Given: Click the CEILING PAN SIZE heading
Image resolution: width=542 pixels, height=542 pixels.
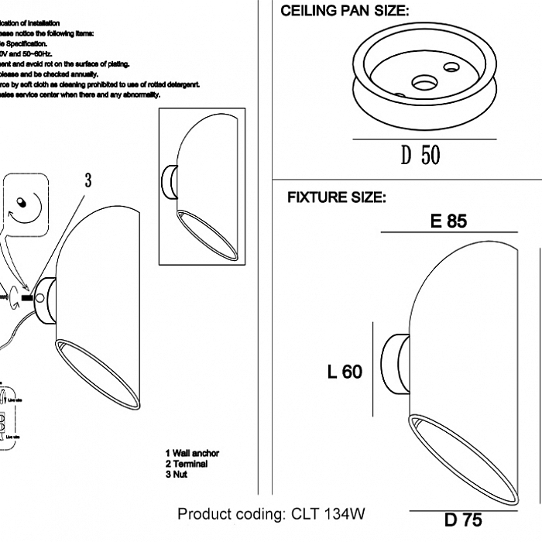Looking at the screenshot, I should point(345,11).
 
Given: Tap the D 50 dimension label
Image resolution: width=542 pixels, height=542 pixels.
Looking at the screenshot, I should point(420,155).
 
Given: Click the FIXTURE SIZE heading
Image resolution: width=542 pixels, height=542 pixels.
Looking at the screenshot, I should point(336,197).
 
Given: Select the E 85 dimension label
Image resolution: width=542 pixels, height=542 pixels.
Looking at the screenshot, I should point(448,221).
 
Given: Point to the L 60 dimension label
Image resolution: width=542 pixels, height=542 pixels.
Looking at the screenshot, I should point(345,372).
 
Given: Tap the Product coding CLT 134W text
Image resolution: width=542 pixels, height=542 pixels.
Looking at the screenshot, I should point(271,514).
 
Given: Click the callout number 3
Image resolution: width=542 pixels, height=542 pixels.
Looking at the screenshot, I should point(88,180).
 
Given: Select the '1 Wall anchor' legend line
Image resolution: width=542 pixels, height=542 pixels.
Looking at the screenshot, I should point(192,454).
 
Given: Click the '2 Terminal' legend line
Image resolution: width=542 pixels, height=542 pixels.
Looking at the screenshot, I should point(187,464).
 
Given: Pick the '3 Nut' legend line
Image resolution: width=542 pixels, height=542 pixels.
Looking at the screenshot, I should point(177,474).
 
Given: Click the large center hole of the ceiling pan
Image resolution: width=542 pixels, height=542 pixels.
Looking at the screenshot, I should point(424,81).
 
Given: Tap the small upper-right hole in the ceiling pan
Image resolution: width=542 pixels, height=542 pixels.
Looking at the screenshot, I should point(451,67).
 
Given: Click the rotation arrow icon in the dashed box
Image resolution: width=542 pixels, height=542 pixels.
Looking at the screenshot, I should point(24,204).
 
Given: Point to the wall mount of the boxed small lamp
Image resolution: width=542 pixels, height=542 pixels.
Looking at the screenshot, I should point(169,180).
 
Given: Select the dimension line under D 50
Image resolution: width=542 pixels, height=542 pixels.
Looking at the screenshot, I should point(424,139).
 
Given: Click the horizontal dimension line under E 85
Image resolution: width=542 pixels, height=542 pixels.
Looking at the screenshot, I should point(449,232).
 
